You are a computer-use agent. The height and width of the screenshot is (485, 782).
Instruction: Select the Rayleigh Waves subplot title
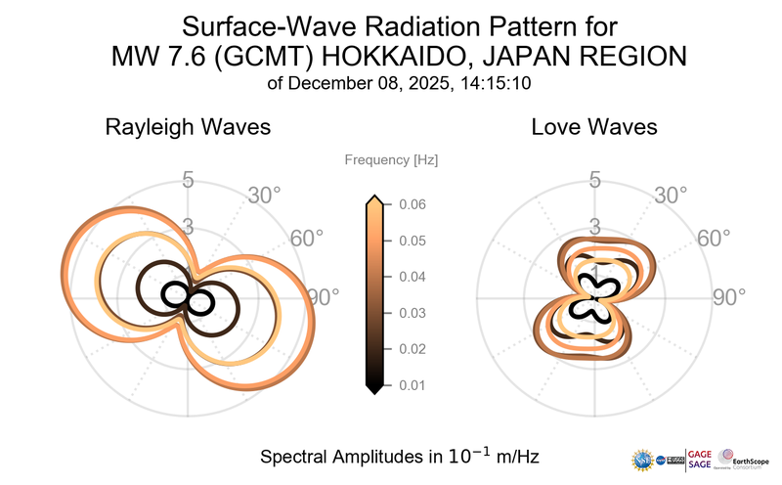(188, 127)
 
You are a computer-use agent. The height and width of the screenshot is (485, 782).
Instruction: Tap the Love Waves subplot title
(593, 127)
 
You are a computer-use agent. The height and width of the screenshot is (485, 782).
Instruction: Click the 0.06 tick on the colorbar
(412, 204)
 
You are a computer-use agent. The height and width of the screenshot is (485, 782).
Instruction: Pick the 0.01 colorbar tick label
(412, 385)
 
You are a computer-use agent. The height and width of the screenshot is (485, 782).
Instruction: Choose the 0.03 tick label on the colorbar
(412, 313)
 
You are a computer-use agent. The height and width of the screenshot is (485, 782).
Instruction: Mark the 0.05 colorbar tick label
(412, 241)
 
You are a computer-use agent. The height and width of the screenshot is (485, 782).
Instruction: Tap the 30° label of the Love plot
(672, 195)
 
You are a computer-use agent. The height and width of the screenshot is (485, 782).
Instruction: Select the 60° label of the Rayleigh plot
(306, 240)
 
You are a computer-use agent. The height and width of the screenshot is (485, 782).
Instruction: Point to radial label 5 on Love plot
(593, 180)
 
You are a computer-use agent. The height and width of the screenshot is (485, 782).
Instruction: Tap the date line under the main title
(398, 83)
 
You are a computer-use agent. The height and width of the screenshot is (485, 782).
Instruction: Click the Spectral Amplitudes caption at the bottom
(400, 457)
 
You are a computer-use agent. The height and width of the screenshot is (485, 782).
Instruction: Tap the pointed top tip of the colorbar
(372, 198)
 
